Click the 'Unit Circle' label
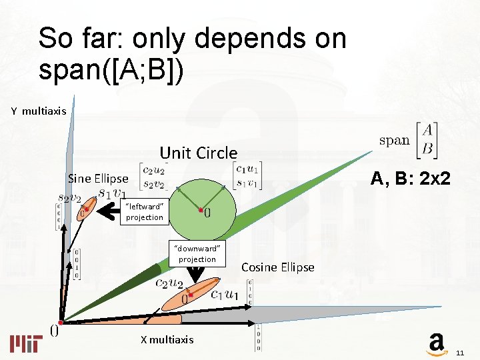[x=198, y=153]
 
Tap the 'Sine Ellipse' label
[x=98, y=179]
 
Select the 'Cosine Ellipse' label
[x=277, y=267]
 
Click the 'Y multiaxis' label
[x=39, y=111]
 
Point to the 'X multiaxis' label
[x=167, y=340]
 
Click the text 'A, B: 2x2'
[x=411, y=178]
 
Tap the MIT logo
[x=26, y=343]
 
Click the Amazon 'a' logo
[x=436, y=344]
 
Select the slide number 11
[x=460, y=352]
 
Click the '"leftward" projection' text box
[x=144, y=212]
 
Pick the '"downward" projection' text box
[x=197, y=254]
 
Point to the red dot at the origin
[x=60, y=322]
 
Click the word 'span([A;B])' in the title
[x=109, y=70]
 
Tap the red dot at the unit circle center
[x=201, y=211]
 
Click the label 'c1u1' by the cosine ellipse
[x=225, y=294]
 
